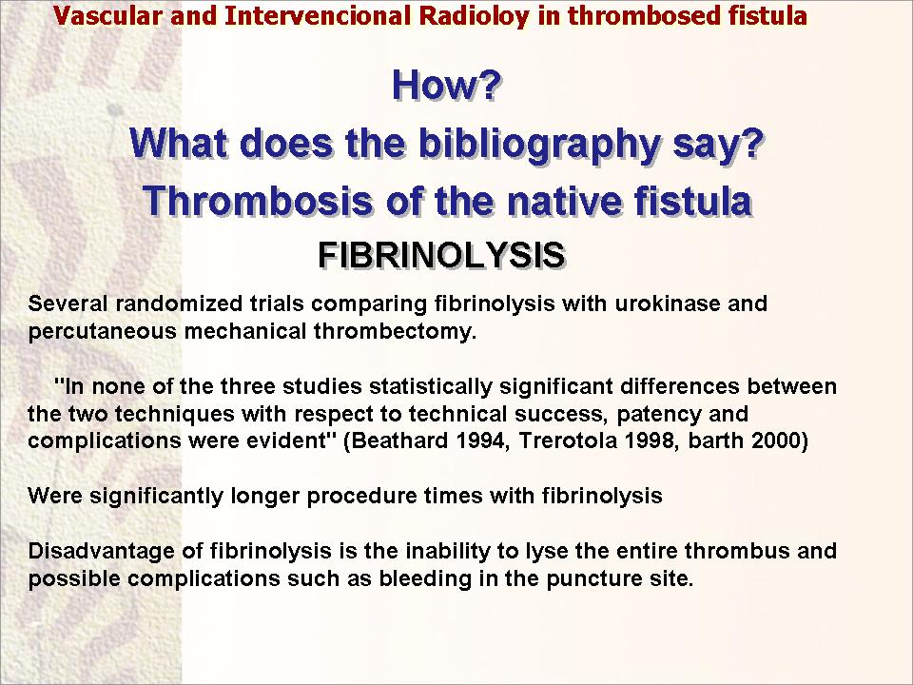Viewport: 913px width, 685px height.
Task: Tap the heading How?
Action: click(x=447, y=85)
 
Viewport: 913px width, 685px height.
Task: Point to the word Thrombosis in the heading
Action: click(x=258, y=201)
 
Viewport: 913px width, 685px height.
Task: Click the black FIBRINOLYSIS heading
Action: click(x=442, y=255)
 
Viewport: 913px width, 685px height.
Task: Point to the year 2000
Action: click(x=780, y=440)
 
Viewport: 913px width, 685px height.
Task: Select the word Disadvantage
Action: click(x=102, y=552)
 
